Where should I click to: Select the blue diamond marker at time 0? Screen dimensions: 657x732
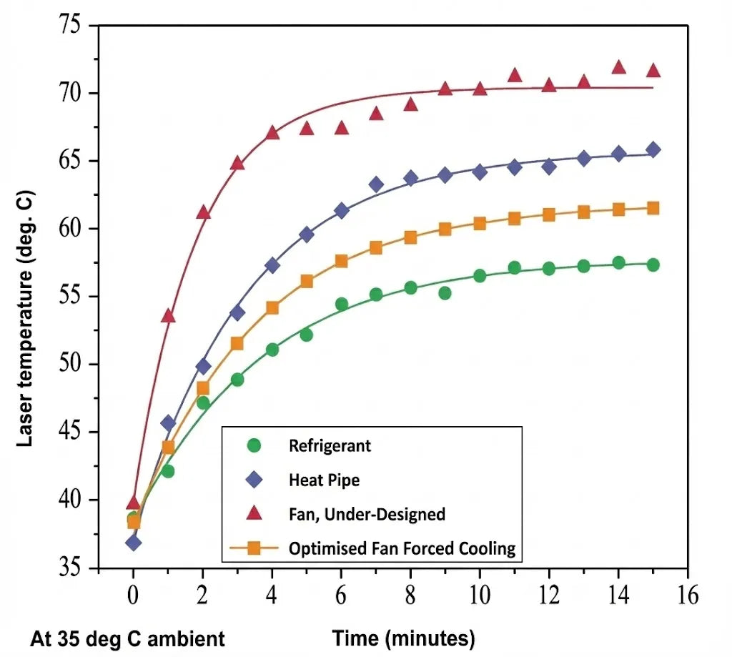pos(133,542)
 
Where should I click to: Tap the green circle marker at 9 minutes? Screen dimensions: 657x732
pos(445,293)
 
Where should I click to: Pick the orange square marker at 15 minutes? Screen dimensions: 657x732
pos(653,208)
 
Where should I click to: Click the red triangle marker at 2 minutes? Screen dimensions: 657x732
pos(203,212)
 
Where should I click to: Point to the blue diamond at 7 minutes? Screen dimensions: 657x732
pos(376,184)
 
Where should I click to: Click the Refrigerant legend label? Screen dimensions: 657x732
pos(330,445)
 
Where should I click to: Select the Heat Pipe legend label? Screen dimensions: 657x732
pos(324,480)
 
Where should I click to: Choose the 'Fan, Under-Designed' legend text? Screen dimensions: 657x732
pos(367,514)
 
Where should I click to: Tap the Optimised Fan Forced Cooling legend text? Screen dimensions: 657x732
pos(402,548)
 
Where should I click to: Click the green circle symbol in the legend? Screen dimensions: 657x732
pos(253,445)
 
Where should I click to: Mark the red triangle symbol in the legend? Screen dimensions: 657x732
pos(253,513)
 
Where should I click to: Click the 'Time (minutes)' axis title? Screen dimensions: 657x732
pos(403,637)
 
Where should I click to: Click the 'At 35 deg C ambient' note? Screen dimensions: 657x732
pos(127,638)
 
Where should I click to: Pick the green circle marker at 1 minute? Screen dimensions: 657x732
pos(168,471)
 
